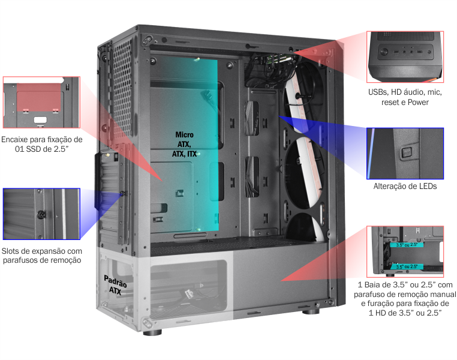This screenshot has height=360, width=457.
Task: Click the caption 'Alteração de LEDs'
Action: pos(405,186)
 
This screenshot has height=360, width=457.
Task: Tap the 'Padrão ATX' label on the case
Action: pos(115,285)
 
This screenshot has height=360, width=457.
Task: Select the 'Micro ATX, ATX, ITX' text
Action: pos(184,144)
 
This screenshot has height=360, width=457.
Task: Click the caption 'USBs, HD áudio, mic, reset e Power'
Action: pos(405,97)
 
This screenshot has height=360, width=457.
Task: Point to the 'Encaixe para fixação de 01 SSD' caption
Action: pos(41,144)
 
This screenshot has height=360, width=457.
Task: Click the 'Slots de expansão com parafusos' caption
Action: pos(41,256)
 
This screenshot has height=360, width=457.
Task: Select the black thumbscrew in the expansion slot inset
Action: pos(41,215)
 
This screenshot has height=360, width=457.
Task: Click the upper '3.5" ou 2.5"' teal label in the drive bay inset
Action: pos(406,245)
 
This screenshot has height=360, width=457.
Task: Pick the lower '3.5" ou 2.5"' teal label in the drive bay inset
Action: pos(407,266)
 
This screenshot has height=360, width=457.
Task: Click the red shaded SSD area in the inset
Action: pos(39,97)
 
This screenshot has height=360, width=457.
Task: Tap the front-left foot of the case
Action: pos(152,332)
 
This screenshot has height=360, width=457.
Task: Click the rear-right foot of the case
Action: pos(311,311)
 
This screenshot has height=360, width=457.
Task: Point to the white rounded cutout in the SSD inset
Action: pos(40,120)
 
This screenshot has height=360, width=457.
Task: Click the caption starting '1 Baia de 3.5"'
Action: pos(405,299)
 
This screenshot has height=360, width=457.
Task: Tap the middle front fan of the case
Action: pos(305,173)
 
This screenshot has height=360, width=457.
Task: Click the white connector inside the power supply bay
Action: pos(189,293)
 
